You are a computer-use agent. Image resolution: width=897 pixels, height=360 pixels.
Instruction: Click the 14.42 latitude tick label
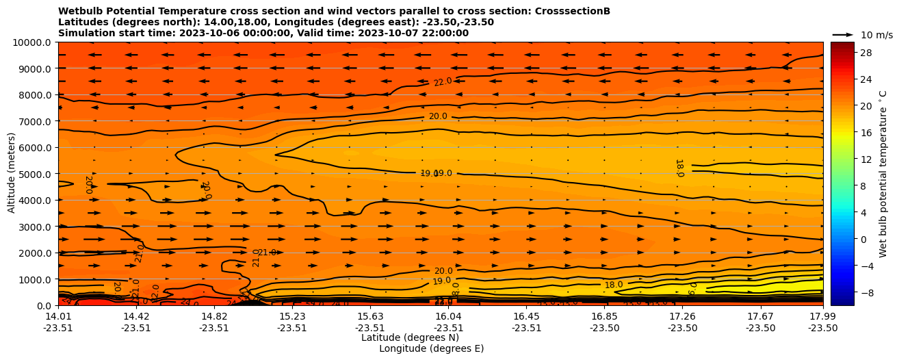tap(136, 316)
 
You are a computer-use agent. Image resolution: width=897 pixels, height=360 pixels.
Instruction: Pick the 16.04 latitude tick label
tap(448, 316)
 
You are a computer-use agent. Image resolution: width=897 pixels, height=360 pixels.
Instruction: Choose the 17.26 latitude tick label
tap(682, 316)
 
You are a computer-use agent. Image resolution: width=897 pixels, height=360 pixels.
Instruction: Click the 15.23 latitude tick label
tap(292, 316)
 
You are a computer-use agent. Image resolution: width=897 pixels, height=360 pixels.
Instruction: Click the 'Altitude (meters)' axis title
tap(12, 174)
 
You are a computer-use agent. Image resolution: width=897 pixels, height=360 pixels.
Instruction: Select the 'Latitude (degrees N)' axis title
tap(410, 337)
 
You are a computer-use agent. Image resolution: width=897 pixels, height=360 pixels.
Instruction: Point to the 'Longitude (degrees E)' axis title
tap(431, 348)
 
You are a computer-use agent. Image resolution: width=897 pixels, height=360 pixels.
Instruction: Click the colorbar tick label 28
tap(846, 53)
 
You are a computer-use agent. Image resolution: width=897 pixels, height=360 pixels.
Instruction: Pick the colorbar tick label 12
tap(846, 159)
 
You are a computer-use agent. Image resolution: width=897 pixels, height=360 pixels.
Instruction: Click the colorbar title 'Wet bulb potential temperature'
tap(883, 174)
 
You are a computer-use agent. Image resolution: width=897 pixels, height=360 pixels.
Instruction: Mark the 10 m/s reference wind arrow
tap(843, 34)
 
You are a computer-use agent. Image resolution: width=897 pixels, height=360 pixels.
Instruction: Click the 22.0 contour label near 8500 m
tap(443, 82)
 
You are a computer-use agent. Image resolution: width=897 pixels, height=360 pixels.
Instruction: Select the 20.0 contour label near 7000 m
tap(438, 116)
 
